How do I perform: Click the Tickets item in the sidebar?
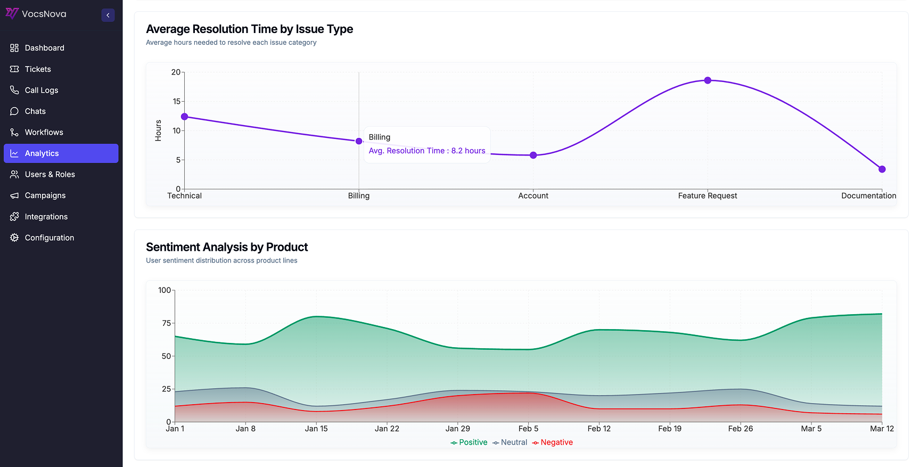[x=38, y=69]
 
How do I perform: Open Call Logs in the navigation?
[x=42, y=91]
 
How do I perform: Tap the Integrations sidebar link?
[x=46, y=217]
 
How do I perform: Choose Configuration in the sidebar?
[x=49, y=238]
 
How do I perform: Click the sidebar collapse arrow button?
[x=108, y=15]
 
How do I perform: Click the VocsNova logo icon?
[x=12, y=13]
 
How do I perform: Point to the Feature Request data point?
[x=708, y=80]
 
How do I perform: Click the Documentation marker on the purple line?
[x=882, y=169]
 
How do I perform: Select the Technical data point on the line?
[x=185, y=117]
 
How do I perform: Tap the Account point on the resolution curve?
[x=533, y=155]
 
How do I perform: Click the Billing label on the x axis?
[x=359, y=196]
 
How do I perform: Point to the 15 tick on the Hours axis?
[x=176, y=101]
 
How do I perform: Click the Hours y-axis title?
[x=158, y=130]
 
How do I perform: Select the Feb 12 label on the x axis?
[x=599, y=429]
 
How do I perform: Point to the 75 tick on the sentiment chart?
[x=166, y=323]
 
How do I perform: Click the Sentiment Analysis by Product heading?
[x=227, y=247]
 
